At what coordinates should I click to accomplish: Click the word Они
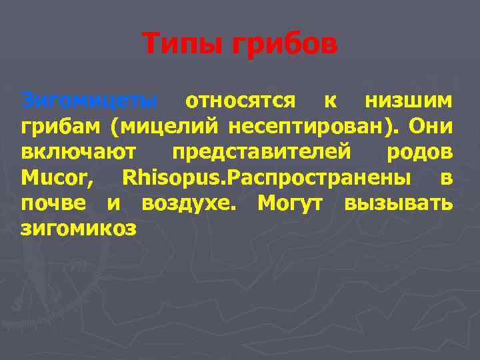click(x=430, y=126)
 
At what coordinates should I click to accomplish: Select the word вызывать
click(x=398, y=203)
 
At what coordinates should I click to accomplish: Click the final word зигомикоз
click(x=79, y=229)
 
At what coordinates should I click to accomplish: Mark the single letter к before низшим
click(x=329, y=101)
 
